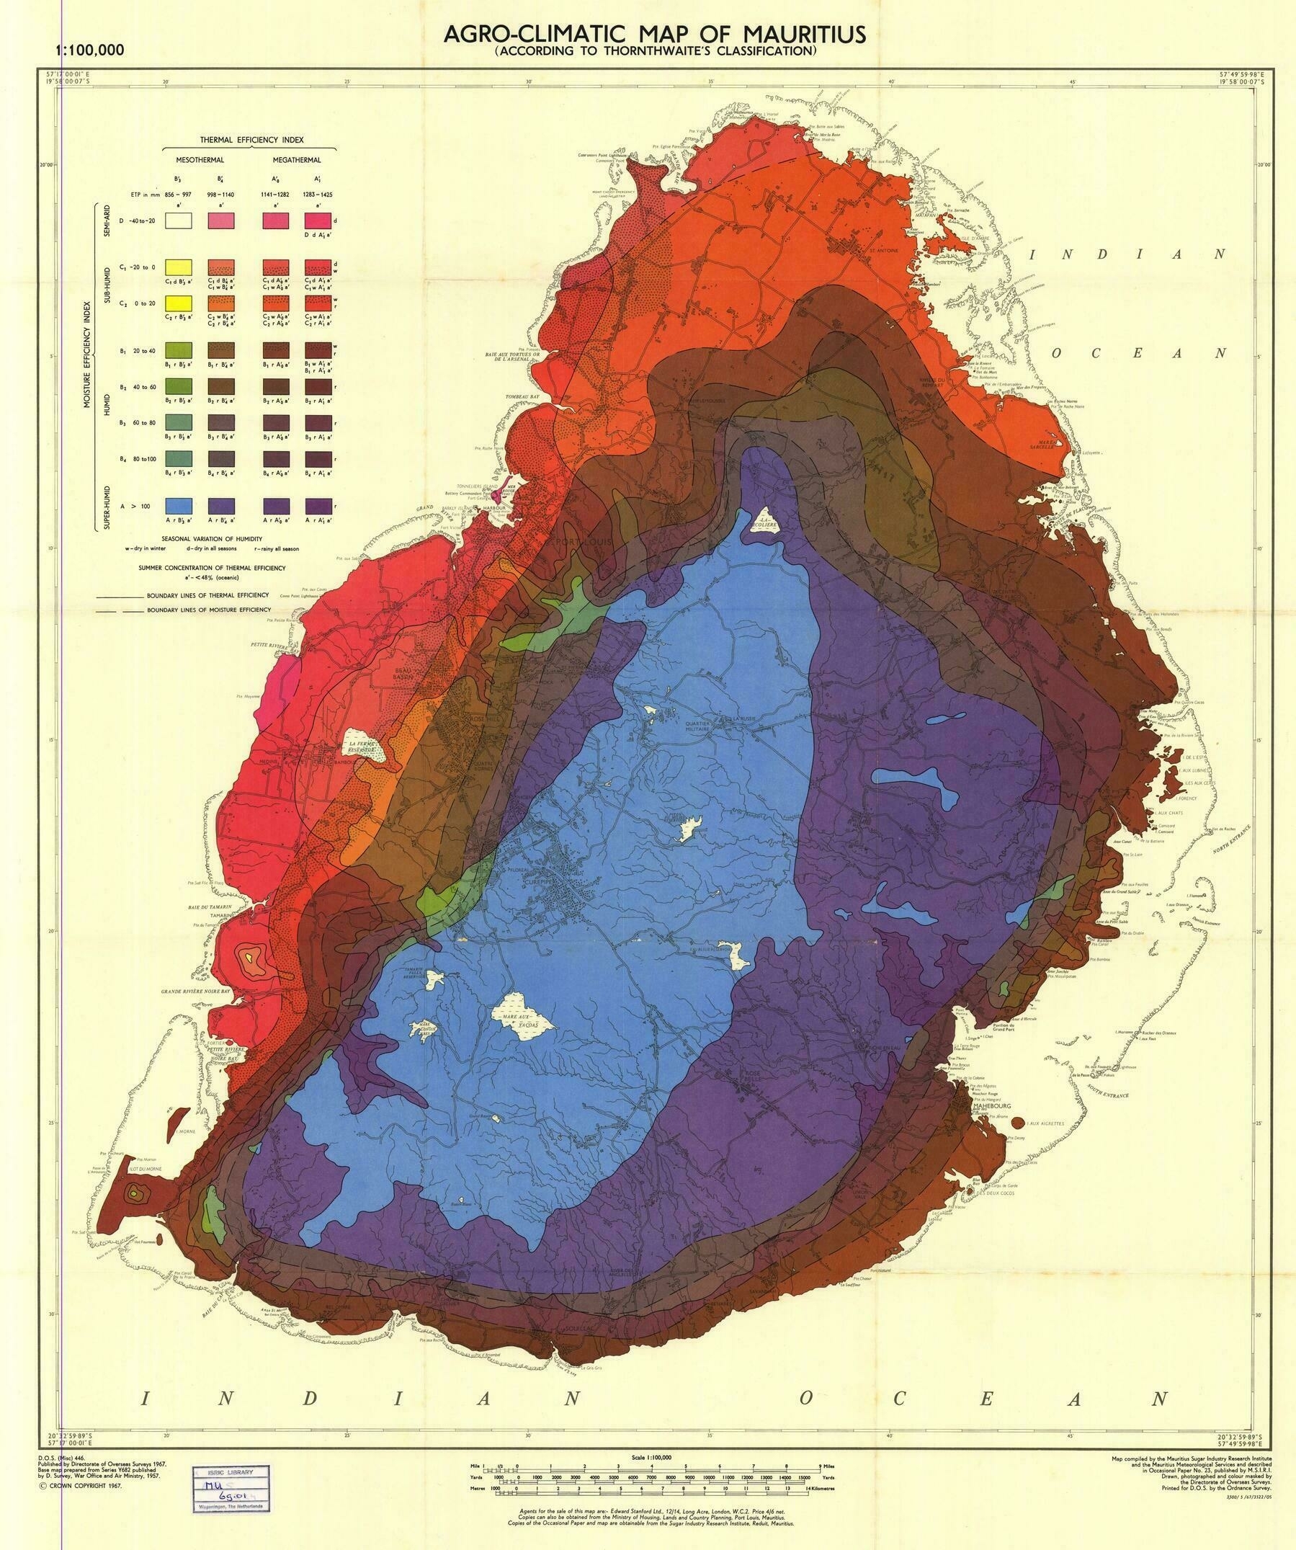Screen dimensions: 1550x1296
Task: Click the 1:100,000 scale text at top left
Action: click(x=89, y=50)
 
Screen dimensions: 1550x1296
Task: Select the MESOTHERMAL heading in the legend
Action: click(x=200, y=159)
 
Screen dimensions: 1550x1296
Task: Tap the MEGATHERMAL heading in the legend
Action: click(x=297, y=159)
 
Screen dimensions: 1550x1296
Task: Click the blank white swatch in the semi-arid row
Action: click(x=179, y=220)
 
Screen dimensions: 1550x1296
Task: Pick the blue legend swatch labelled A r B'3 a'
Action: click(x=179, y=506)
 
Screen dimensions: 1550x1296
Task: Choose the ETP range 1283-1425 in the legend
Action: click(x=317, y=195)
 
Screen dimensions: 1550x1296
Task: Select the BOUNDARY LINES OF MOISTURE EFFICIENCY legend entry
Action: click(x=208, y=610)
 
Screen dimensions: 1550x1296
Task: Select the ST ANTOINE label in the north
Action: click(x=882, y=250)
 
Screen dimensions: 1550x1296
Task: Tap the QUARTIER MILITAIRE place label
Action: click(x=697, y=726)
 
